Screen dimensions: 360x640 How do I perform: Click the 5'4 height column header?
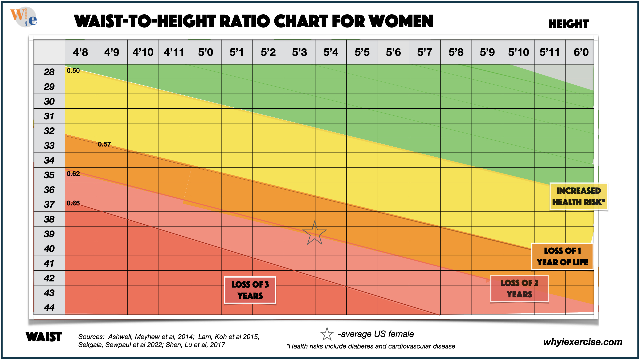(x=331, y=52)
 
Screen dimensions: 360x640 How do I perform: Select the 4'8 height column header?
(x=80, y=52)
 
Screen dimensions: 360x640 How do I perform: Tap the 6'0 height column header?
(x=581, y=52)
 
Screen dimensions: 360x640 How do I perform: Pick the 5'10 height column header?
(x=518, y=52)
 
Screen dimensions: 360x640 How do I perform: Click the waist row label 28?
(x=49, y=72)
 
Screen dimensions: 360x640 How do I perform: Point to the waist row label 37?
(x=49, y=204)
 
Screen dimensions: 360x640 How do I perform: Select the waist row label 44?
(x=49, y=307)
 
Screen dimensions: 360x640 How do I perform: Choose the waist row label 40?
(x=49, y=249)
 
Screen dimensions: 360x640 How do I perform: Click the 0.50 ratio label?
(x=73, y=71)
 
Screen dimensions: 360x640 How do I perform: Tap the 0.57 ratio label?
(x=104, y=144)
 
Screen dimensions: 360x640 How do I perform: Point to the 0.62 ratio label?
(x=73, y=174)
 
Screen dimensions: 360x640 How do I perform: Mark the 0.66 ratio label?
(x=73, y=203)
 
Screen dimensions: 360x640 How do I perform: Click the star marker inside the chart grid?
(x=314, y=233)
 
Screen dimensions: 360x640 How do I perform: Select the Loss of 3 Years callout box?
(x=250, y=290)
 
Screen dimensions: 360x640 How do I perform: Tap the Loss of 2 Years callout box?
(x=519, y=289)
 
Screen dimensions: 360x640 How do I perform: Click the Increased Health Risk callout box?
(x=578, y=196)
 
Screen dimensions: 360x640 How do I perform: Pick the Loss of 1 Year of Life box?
(x=562, y=256)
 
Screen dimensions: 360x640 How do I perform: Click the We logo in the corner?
(x=24, y=17)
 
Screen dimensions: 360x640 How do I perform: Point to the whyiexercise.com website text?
(x=583, y=342)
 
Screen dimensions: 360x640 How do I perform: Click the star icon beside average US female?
(x=327, y=334)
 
